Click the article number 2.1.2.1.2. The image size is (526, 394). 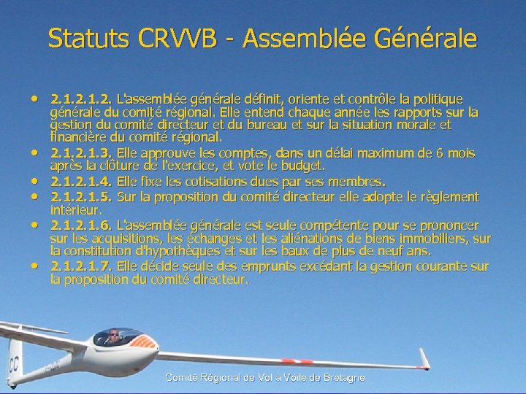(80, 98)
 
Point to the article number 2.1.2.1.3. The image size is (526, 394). (80, 153)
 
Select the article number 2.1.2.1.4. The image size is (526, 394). (80, 180)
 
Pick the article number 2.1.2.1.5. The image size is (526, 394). (80, 197)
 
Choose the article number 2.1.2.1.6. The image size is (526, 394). (80, 225)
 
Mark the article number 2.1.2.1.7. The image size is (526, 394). (80, 266)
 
